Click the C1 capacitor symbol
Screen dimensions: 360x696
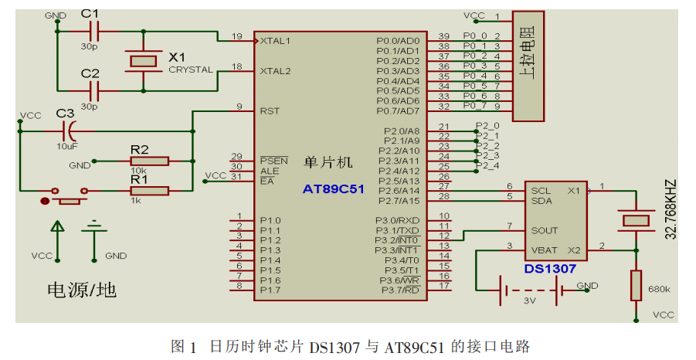tap(94, 31)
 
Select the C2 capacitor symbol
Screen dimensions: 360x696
tap(94, 89)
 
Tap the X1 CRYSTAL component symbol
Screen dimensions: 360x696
tap(141, 59)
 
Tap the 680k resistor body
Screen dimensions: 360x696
tap(636, 285)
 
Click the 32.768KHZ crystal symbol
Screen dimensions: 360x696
tap(636, 220)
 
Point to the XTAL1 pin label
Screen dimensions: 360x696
tap(276, 40)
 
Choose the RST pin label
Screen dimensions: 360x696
tap(270, 110)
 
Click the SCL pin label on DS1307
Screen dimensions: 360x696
tap(540, 189)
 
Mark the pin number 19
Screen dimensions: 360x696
tap(237, 36)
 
